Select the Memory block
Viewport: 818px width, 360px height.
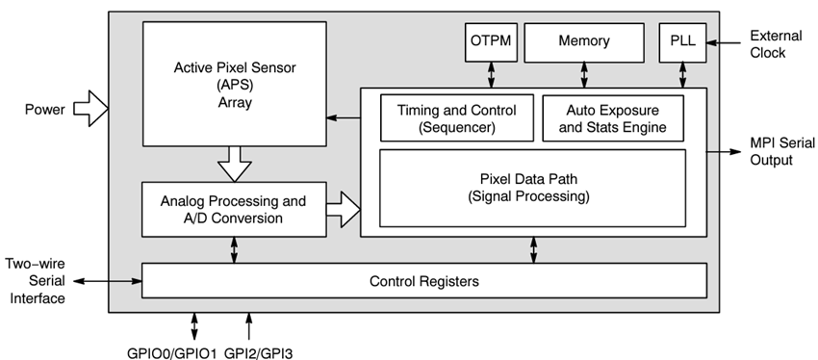[583, 41]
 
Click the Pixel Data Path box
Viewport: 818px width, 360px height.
[533, 187]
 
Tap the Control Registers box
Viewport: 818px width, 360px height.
[423, 281]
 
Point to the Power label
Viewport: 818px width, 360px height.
[44, 110]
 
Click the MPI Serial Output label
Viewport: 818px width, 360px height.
[774, 151]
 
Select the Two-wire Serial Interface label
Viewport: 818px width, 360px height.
[36, 280]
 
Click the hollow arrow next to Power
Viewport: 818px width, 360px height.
[91, 109]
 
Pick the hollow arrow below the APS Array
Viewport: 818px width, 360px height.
[234, 163]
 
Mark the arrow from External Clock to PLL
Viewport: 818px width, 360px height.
[723, 41]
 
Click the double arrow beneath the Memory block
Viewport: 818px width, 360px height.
[583, 73]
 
